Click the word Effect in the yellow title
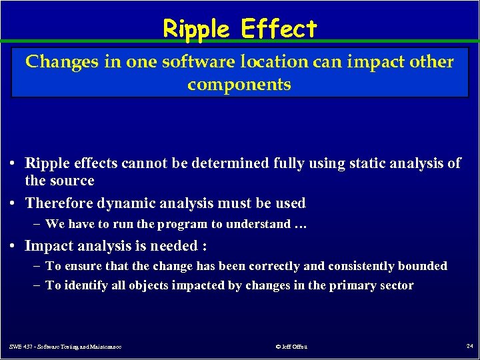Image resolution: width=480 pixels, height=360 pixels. [x=279, y=29]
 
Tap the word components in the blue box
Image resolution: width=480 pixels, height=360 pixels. [x=239, y=85]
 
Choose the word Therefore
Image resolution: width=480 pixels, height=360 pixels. [x=59, y=203]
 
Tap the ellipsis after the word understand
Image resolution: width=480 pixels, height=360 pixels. [x=300, y=224]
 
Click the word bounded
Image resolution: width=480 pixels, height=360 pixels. [x=423, y=266]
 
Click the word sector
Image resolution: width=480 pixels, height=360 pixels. [x=397, y=285]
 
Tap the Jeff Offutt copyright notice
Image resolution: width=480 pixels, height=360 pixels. [x=291, y=346]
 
